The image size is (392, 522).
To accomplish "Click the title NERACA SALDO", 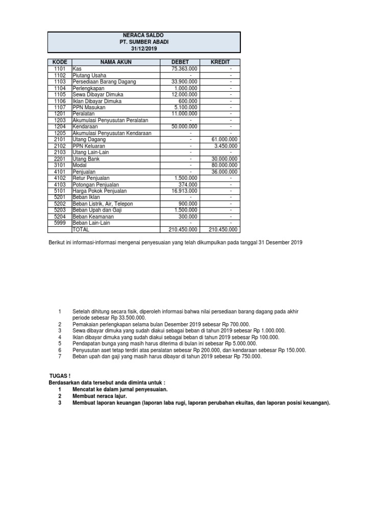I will pyautogui.click(x=143, y=35).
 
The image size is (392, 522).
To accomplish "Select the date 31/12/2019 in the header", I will pyautogui.click(x=143, y=48).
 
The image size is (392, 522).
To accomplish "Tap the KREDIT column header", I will pyautogui.click(x=221, y=62).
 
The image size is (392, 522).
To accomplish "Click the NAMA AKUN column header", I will pyautogui.click(x=116, y=62).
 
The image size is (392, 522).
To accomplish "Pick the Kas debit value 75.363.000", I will pyautogui.click(x=184, y=68).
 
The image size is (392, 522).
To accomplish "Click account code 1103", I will pyautogui.click(x=60, y=82).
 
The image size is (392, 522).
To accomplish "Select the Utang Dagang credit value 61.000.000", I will pyautogui.click(x=224, y=139).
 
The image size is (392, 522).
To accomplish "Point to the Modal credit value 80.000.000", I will pyautogui.click(x=224, y=165).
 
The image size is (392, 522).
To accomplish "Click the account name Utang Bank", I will pyautogui.click(x=86, y=159).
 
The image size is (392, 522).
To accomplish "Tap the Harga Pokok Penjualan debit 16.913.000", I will pyautogui.click(x=184, y=191).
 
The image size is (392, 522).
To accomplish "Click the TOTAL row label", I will pyautogui.click(x=82, y=230).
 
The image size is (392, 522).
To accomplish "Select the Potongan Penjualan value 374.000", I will pyautogui.click(x=187, y=185).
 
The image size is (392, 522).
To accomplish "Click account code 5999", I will pyautogui.click(x=60, y=223).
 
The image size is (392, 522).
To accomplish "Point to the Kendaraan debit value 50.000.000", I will pyautogui.click(x=184, y=126).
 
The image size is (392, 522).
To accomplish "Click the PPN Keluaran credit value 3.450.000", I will pyautogui.click(x=225, y=146).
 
